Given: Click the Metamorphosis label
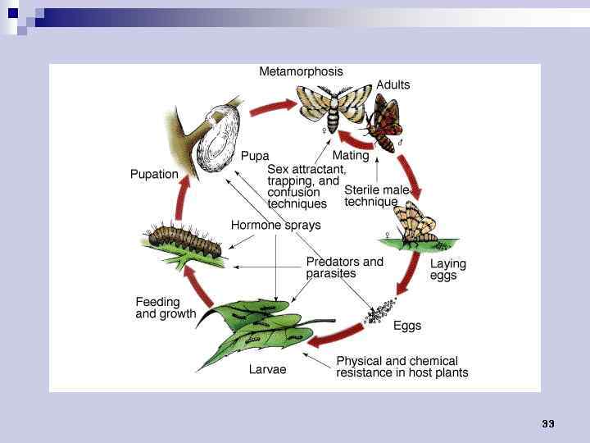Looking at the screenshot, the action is pos(301,71).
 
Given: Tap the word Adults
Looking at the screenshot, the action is pos(393,84).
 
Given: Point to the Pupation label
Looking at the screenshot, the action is pos(154,174).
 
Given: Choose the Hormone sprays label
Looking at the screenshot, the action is pos(275,225).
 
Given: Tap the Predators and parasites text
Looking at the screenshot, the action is pos(344,267).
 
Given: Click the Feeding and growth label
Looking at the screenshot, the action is pos(166,308).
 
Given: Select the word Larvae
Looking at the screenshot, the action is pos(268,370).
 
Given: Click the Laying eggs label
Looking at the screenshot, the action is pos(447,270).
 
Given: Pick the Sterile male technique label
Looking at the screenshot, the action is pos(376,196).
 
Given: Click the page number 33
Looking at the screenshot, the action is pos(548,423).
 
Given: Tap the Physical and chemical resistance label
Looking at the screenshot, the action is pos(402,367).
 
